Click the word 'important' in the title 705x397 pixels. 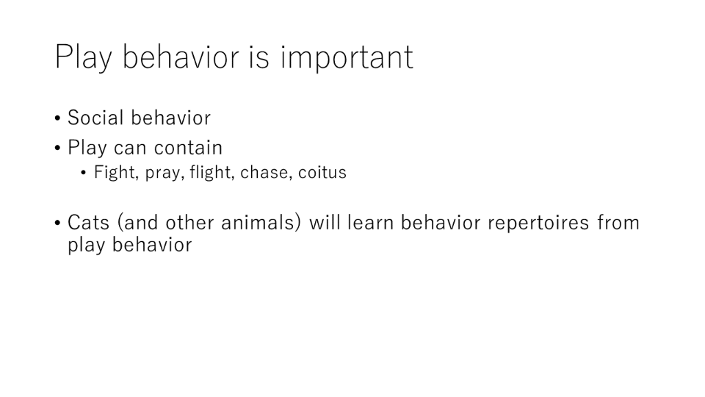(x=347, y=58)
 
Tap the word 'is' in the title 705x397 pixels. (x=258, y=57)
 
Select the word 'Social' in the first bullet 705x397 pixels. (x=95, y=118)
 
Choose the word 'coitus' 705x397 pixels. (x=322, y=172)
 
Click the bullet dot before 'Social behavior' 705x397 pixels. (x=57, y=119)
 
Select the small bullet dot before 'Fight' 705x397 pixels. (x=84, y=173)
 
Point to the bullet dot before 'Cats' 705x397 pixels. (x=57, y=223)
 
